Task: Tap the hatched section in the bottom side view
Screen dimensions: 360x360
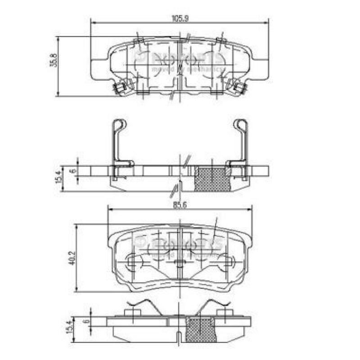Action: click(200, 330)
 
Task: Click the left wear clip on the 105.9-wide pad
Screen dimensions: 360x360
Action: click(121, 86)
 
